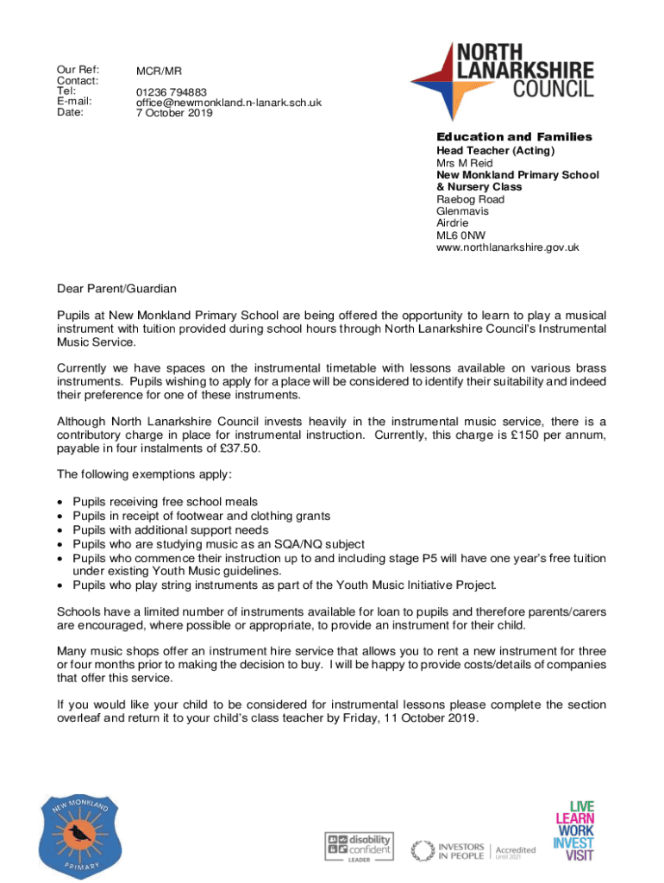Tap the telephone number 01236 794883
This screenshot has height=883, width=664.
171,91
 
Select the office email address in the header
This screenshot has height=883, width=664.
229,103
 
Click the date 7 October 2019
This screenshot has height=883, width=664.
173,113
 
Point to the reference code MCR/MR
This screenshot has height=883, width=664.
159,70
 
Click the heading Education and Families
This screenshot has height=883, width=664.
514,137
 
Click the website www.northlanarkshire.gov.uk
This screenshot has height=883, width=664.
508,247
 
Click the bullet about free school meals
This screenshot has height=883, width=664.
165,501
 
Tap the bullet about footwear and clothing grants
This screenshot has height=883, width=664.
201,516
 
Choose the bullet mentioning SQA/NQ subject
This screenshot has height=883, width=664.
218,543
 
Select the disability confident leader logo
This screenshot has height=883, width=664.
358,847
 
